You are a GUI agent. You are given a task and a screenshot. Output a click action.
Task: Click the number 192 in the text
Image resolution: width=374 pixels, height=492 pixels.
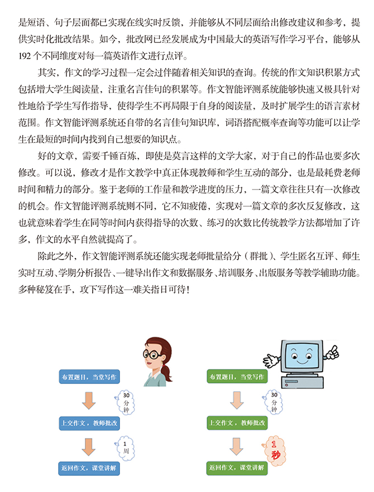[x=26, y=57]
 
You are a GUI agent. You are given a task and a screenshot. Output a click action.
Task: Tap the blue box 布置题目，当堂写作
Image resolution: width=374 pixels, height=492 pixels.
[x=89, y=377]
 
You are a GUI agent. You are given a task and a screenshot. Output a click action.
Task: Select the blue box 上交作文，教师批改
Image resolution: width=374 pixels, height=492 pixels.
[x=89, y=423]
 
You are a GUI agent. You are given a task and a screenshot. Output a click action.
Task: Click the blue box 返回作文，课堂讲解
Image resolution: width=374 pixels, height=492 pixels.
[x=89, y=469]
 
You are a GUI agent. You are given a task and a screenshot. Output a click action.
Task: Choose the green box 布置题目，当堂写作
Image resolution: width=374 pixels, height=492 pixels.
[x=237, y=377]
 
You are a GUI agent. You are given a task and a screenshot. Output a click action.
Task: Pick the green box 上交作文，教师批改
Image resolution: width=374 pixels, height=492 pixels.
[x=237, y=423]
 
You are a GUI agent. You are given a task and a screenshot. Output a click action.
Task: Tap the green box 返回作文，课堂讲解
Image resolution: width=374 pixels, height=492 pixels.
[x=237, y=469]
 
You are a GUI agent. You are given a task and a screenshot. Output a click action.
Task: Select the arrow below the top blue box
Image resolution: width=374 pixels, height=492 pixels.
[x=89, y=400]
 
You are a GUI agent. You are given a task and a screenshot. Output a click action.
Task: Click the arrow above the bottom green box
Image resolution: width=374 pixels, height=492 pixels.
[x=237, y=446]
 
